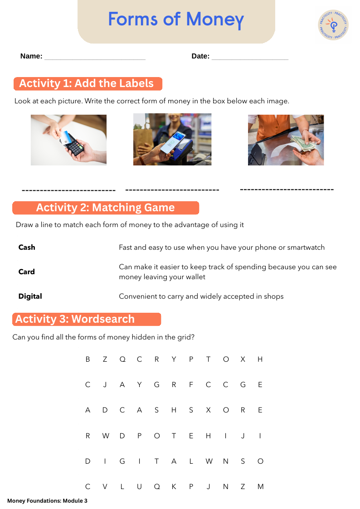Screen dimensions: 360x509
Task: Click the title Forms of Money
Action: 176,19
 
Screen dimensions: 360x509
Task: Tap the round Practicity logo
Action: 333,25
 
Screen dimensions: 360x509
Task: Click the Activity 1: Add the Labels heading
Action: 88,83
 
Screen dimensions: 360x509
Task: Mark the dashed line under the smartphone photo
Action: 172,189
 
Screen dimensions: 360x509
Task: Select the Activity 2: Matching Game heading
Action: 106,208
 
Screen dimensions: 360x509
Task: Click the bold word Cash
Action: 27,247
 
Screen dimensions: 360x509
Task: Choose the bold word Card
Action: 27,271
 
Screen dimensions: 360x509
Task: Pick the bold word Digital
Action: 30,296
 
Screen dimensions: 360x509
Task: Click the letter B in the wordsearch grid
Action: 88,359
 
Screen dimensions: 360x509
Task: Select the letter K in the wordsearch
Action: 174,487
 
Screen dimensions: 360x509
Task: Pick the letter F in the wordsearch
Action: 191,385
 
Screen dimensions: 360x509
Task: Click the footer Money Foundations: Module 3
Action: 48,500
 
